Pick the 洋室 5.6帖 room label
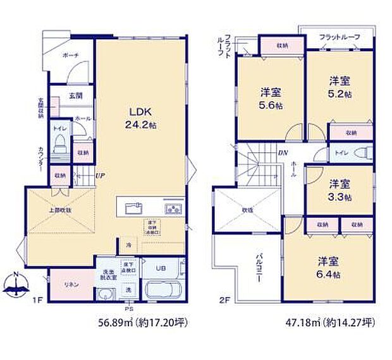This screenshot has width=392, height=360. point(270,99)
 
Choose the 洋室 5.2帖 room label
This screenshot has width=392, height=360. point(339,88)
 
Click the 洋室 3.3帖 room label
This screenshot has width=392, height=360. point(339,189)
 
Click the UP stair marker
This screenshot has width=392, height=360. point(100,176)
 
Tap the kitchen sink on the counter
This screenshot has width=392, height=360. point(133,208)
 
